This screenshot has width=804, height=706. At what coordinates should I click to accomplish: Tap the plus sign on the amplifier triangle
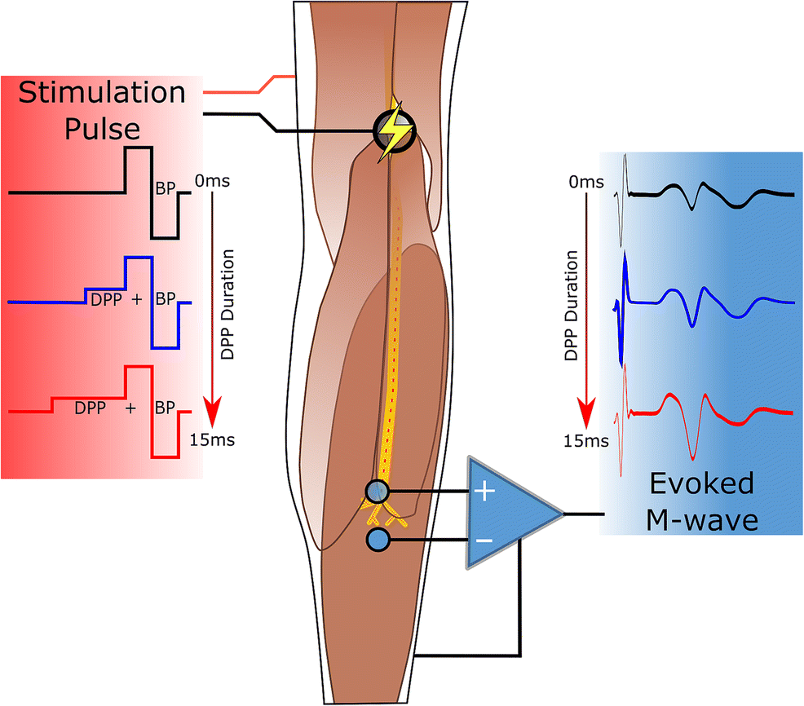485,492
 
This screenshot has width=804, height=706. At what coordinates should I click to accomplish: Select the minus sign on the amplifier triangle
484,541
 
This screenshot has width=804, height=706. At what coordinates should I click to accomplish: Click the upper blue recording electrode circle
378,492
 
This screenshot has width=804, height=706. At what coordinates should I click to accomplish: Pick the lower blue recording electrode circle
378,540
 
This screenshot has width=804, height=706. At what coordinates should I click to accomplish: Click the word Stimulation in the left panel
102,92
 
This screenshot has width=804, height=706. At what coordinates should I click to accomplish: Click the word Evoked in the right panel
701,483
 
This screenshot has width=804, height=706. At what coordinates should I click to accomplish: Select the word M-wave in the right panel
702,519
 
